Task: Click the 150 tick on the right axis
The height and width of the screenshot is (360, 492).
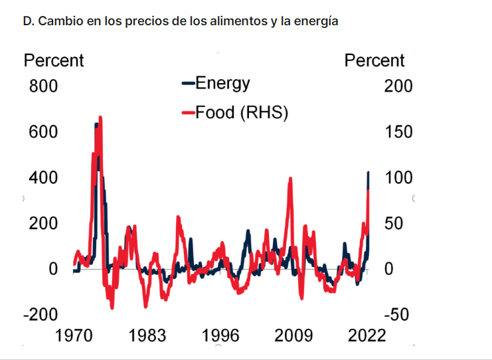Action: (x=398, y=132)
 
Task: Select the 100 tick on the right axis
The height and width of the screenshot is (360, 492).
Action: (x=398, y=178)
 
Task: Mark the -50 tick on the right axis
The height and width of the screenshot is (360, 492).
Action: (x=396, y=315)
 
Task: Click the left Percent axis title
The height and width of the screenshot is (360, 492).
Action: (x=54, y=61)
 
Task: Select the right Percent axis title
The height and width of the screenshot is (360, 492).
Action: (x=374, y=61)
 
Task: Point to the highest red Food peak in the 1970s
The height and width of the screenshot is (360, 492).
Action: (x=100, y=118)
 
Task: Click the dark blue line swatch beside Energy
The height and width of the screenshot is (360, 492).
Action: (x=188, y=84)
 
